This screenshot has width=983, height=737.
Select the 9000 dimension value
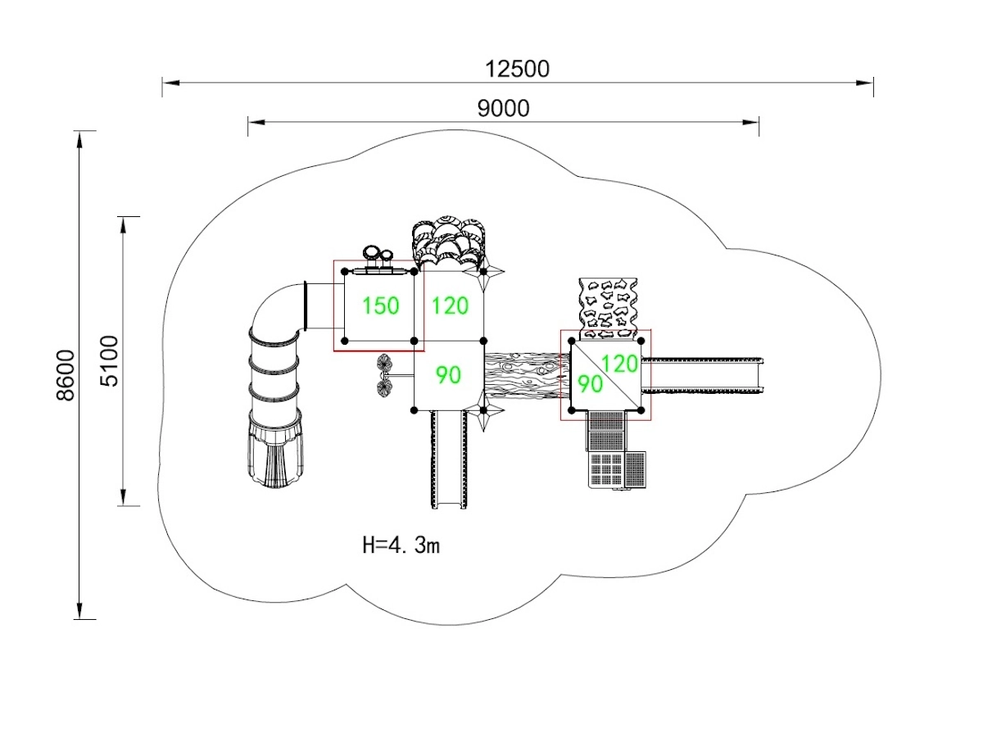point(503,108)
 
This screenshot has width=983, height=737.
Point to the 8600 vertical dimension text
point(66,375)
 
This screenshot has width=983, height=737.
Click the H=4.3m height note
point(401,545)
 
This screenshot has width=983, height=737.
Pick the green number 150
point(380,306)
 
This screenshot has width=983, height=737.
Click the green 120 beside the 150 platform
point(450,306)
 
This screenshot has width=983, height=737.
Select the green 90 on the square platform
point(448,375)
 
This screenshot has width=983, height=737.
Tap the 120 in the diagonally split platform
point(619,363)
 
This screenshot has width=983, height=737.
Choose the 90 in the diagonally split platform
point(590,383)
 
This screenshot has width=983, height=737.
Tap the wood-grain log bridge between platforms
point(523,375)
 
